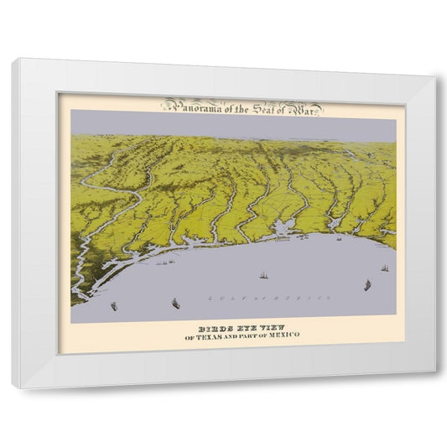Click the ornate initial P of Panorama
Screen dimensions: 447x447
pyautogui.click(x=167, y=106)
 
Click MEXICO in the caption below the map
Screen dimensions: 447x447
pyautogui.click(x=283, y=337)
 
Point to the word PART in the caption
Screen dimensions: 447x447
pyautogui.click(x=253, y=337)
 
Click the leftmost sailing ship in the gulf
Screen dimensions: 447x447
pyautogui.click(x=114, y=306)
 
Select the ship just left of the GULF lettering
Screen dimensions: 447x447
pyautogui.click(x=175, y=303)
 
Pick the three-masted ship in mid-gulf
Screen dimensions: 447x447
pyautogui.click(x=262, y=274)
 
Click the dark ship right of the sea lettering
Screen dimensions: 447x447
pyautogui.click(x=366, y=285)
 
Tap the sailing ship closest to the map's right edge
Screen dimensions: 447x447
pyautogui.click(x=384, y=268)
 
